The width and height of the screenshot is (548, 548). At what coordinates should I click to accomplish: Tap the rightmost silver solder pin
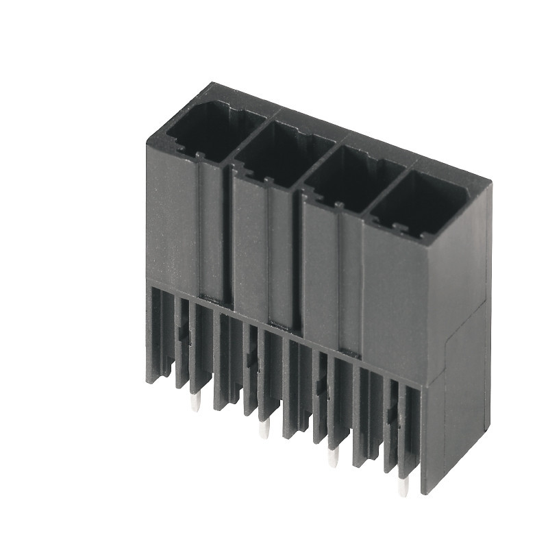click(404, 485)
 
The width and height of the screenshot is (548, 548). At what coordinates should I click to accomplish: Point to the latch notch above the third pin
click(321, 386)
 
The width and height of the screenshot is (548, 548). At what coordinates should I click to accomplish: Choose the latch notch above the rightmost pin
click(392, 413)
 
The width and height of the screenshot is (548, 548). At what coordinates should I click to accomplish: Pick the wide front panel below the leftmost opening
click(171, 219)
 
